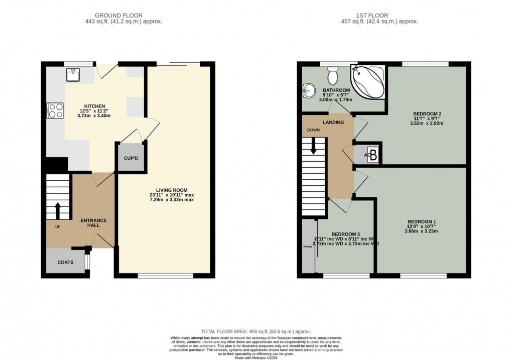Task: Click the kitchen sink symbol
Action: tap(72, 74)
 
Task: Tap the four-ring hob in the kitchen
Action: tap(55, 110)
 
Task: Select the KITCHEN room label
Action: tap(94, 106)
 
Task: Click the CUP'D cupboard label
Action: tap(131, 158)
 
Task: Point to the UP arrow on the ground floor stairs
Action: tap(58, 209)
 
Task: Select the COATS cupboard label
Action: tap(65, 262)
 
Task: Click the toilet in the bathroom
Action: tap(332, 76)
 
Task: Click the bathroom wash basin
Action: tap(308, 91)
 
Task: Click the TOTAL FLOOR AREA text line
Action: tap(256, 332)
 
